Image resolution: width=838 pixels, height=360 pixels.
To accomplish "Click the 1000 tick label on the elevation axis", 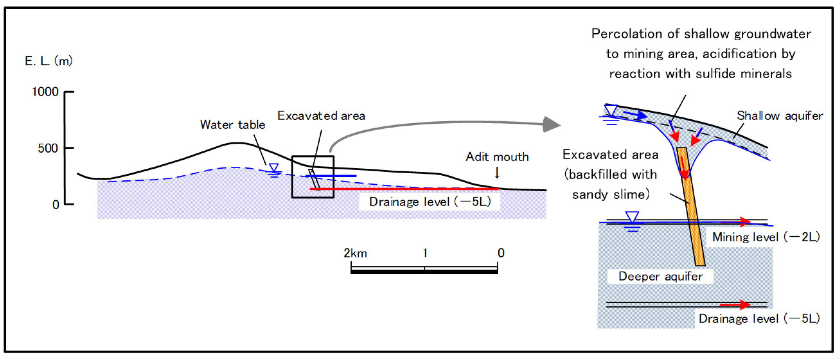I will [x=45, y=92].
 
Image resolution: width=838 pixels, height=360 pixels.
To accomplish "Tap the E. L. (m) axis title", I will [x=48, y=61].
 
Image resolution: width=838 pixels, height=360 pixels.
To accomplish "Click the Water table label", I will [x=232, y=124].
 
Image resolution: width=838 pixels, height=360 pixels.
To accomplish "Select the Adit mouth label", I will [x=497, y=157].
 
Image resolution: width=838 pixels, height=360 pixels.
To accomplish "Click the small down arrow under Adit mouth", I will [x=497, y=173].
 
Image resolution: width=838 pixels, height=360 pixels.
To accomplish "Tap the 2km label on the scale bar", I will [x=355, y=253].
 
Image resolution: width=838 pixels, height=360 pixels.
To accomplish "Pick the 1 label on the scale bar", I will [x=425, y=253].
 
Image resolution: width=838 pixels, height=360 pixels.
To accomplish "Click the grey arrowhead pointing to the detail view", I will [x=551, y=124].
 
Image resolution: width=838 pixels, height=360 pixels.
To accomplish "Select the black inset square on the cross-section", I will [x=312, y=177].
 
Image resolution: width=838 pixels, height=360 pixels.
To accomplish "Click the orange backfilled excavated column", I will [x=691, y=208].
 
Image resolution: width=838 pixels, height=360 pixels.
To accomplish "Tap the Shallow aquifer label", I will [x=779, y=116].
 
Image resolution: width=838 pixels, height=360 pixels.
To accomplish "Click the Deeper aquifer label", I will [x=660, y=276].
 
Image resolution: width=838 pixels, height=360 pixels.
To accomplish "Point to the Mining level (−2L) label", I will [x=765, y=237].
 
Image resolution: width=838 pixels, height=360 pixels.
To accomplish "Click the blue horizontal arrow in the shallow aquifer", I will [x=635, y=115].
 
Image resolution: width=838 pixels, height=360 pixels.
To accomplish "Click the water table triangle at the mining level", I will [x=632, y=216].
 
